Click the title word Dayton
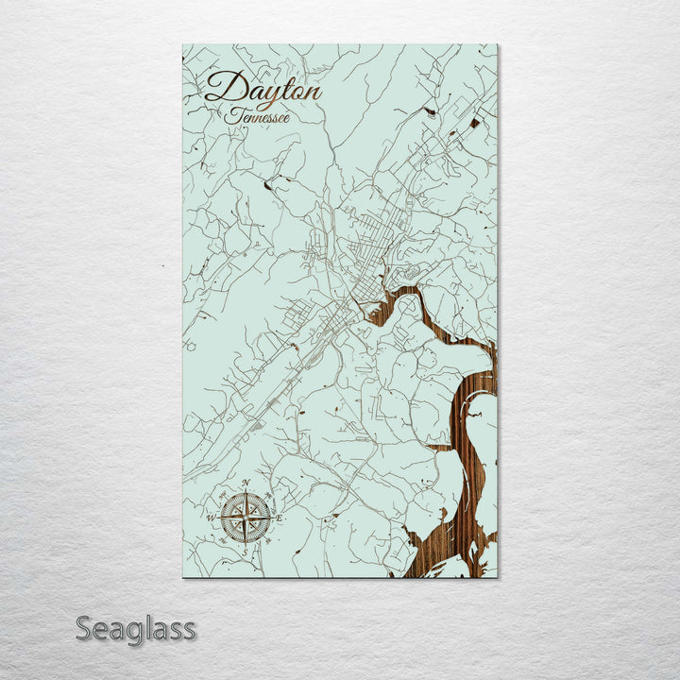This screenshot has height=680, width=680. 263,91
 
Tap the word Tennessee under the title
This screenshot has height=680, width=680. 257,116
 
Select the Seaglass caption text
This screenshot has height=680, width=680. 136,628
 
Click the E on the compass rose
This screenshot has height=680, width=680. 280,518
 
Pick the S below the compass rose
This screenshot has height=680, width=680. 244,552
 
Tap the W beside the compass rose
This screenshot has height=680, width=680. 211,518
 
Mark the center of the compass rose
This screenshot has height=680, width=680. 246,518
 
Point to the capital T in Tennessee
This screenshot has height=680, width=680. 232,114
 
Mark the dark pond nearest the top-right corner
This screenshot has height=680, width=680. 472,121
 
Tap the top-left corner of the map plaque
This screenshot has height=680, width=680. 183,45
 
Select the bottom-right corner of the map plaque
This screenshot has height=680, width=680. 497,576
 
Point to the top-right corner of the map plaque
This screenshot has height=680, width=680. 497,45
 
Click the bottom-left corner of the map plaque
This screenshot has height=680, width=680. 183,576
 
